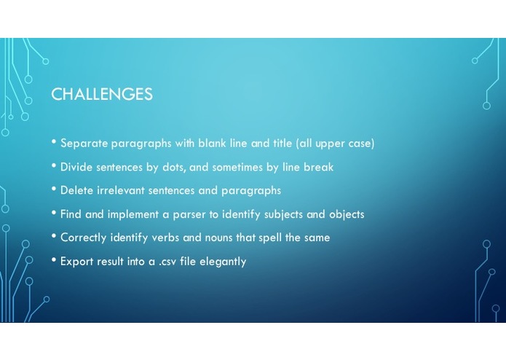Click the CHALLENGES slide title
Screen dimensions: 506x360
coord(102,94)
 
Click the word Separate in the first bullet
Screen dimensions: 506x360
coord(84,144)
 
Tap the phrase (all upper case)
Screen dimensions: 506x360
coord(336,144)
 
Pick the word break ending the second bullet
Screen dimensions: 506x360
coord(318,167)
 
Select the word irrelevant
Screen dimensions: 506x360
coord(121,190)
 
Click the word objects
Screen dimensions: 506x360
coord(347,215)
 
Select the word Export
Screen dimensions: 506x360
coord(76,261)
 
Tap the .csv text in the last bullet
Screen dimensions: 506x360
coord(167,262)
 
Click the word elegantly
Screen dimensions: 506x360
coord(223,262)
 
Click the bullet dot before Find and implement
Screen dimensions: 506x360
coord(54,213)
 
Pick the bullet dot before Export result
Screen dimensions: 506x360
coord(54,259)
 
